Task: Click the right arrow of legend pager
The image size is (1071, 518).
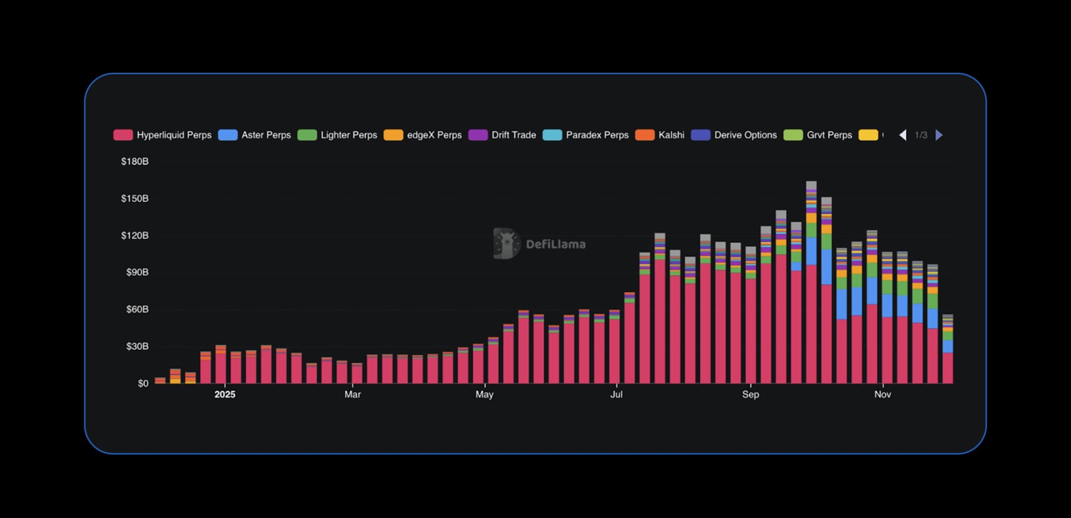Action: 939,135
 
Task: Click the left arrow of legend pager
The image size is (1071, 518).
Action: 903,135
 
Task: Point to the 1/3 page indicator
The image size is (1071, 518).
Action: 921,135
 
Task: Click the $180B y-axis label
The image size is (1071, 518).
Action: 135,161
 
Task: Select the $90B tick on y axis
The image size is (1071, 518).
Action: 137,272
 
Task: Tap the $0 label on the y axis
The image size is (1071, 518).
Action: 143,383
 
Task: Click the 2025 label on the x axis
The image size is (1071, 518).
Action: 225,395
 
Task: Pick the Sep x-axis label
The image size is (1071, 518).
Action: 750,395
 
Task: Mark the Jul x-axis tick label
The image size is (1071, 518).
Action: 616,395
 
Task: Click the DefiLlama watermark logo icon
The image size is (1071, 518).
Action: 506,243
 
